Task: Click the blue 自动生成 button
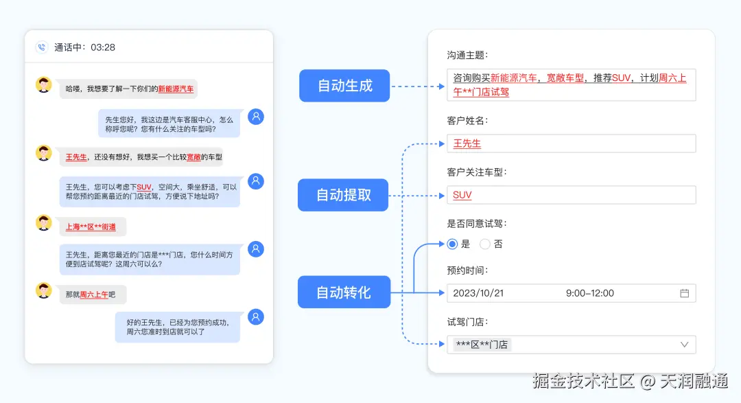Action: coord(344,86)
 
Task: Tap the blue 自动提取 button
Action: coord(343,195)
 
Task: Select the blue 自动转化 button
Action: coord(343,292)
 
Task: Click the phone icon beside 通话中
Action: coord(42,47)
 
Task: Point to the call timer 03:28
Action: coord(103,47)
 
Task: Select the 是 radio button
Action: coord(452,244)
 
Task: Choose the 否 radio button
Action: coord(485,244)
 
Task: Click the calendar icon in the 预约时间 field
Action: coord(684,293)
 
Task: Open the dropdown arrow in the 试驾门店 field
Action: coord(684,345)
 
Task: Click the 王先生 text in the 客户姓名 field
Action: coord(467,143)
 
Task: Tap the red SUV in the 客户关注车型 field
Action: coord(462,195)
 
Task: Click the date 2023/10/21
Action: coord(478,293)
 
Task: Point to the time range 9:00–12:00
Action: coord(590,293)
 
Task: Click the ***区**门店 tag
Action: coord(482,345)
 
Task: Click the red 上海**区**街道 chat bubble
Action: coord(91,227)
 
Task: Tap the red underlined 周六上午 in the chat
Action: coord(94,295)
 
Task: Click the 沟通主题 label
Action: coord(467,55)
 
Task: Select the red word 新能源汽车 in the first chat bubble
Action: coord(176,89)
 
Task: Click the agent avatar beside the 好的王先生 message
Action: coord(256,316)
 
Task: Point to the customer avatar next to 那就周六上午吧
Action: coord(44,290)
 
